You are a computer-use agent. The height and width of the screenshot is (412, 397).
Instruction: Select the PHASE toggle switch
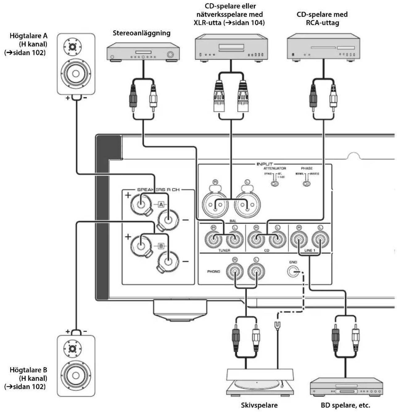(x=307, y=184)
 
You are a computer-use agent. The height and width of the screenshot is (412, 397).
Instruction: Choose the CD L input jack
(x=277, y=239)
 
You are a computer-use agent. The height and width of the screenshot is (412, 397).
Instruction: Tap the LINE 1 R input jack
(x=299, y=239)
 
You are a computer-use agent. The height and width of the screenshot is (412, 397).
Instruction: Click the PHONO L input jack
(x=256, y=271)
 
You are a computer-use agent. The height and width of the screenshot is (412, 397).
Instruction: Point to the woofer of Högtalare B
(x=76, y=375)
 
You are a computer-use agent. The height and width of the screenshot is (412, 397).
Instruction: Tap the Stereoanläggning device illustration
(x=143, y=53)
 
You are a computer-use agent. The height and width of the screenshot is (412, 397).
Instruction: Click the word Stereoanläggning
(x=141, y=33)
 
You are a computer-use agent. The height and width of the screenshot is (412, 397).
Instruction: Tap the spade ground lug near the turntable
(x=277, y=325)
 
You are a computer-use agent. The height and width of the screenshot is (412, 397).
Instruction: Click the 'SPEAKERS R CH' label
(x=158, y=190)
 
